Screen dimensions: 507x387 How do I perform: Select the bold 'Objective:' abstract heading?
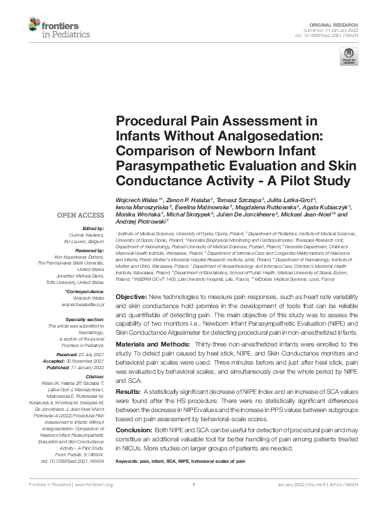tap(135, 296)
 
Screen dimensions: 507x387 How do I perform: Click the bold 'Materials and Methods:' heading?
tap(152, 343)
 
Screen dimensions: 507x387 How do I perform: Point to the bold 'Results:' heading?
tap(128, 393)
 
